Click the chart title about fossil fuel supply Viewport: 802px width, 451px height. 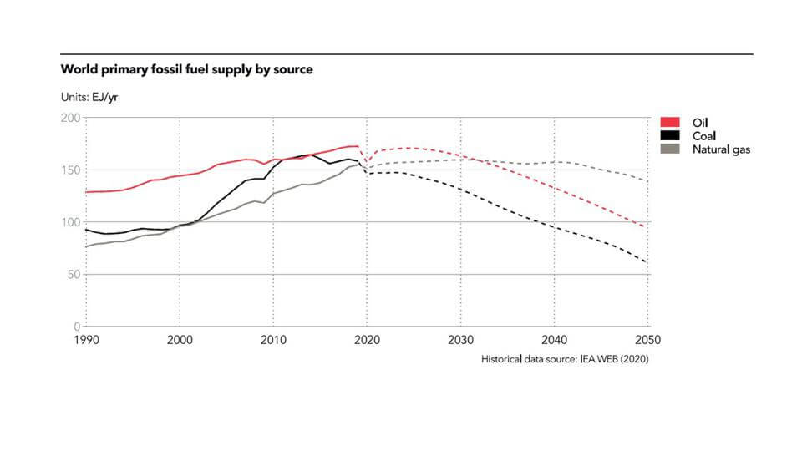pyautogui.click(x=187, y=69)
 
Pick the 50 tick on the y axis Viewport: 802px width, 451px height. pyautogui.click(x=74, y=274)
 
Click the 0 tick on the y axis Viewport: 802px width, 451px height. pyautogui.click(x=77, y=326)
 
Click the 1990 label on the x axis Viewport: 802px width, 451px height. pyautogui.click(x=87, y=340)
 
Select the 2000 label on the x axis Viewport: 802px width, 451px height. pyautogui.click(x=180, y=340)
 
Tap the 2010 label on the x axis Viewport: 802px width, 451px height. pyautogui.click(x=273, y=340)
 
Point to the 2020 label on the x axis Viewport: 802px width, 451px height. pyautogui.click(x=367, y=340)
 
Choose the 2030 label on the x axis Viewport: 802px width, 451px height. pyautogui.click(x=460, y=340)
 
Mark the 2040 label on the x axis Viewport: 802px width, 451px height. pyautogui.click(x=554, y=340)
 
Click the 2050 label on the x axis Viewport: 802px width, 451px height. pyautogui.click(x=647, y=340)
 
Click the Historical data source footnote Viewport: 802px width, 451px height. pyautogui.click(x=564, y=359)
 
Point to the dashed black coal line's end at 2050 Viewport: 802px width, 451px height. pyautogui.click(x=647, y=263)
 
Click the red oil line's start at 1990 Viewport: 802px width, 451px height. pyautogui.click(x=87, y=192)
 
